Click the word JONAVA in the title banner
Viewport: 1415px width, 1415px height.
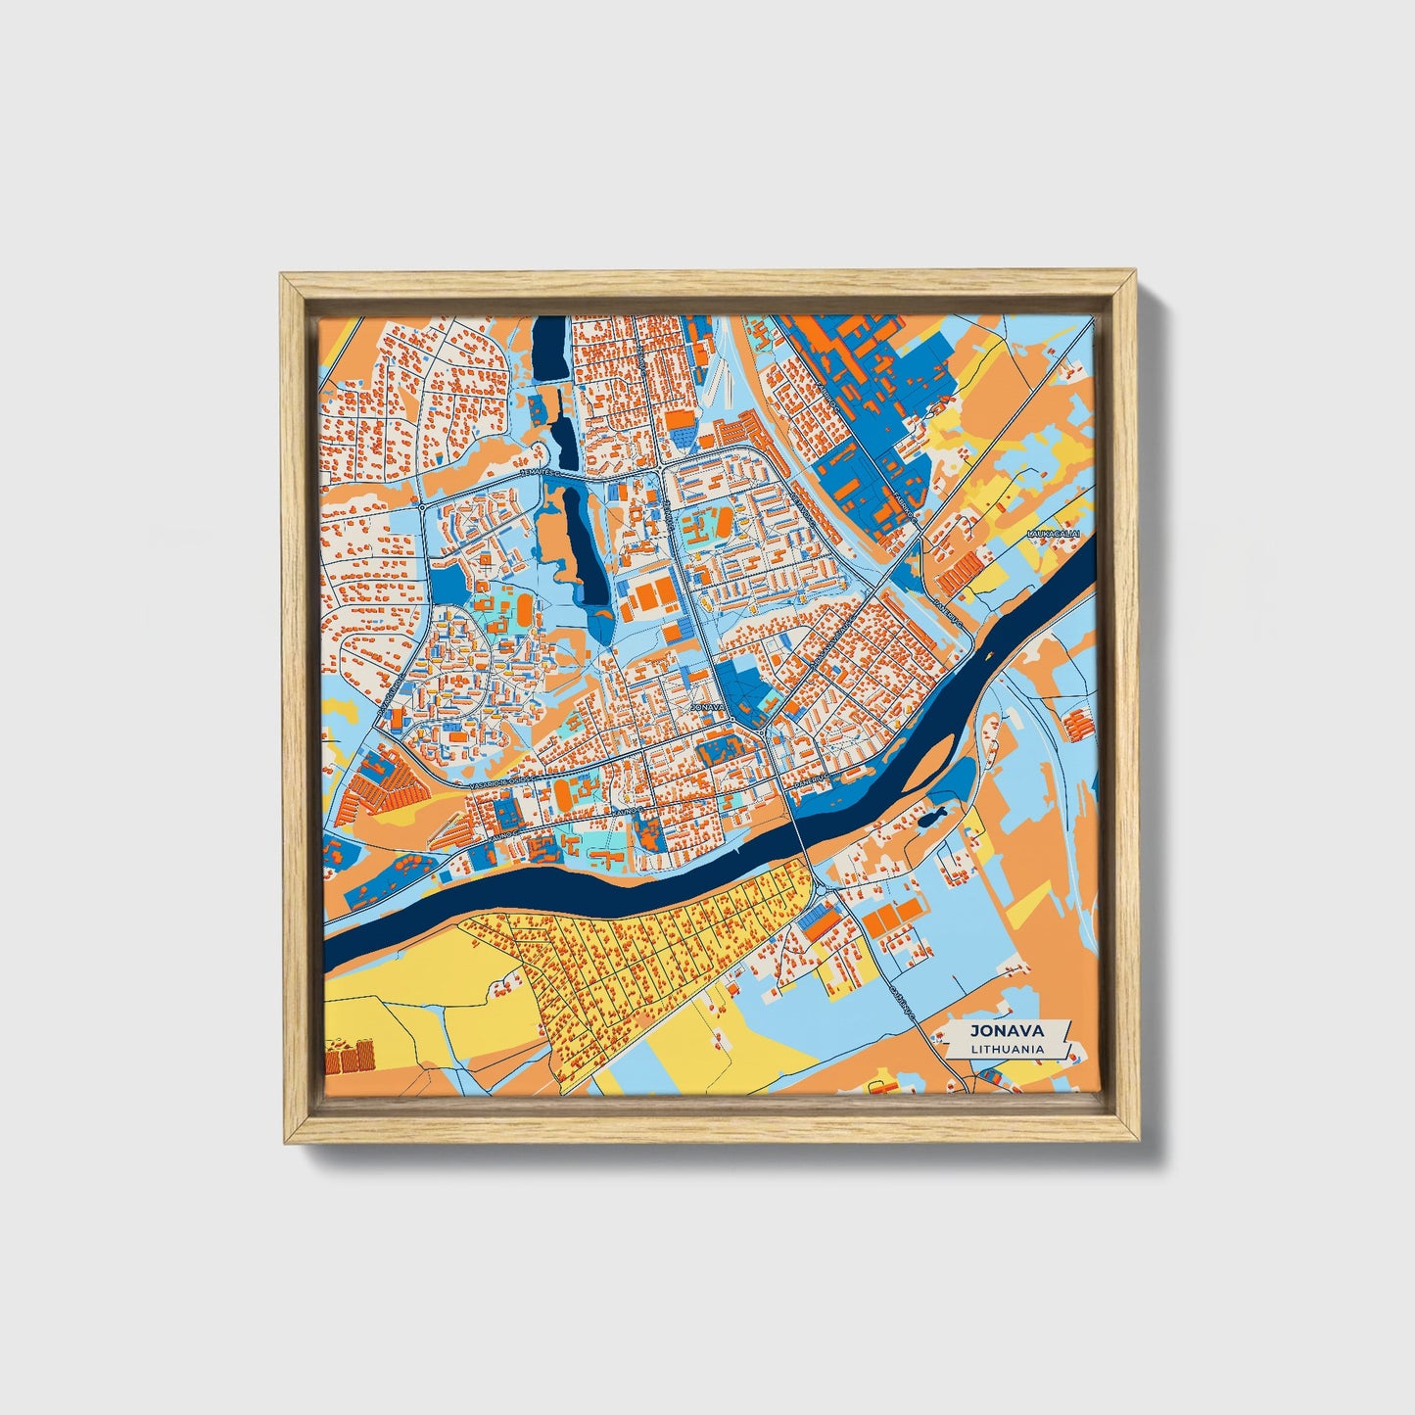point(1006,1030)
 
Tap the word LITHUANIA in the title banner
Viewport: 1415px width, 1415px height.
point(1006,1048)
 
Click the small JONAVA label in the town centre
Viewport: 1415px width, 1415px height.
point(707,705)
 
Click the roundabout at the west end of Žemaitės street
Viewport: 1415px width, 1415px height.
point(421,508)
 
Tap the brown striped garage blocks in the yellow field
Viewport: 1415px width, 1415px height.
point(351,1056)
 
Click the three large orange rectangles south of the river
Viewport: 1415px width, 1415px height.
point(893,916)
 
